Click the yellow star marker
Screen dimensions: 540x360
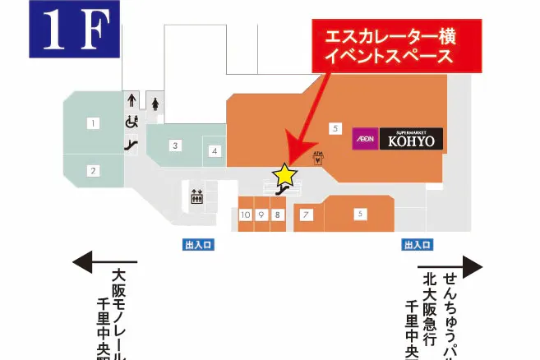(x=284, y=173)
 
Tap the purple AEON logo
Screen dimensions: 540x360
(x=365, y=139)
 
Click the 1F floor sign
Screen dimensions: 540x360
(x=75, y=30)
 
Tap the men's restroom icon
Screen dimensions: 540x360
(x=131, y=101)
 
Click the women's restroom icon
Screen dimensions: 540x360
(x=155, y=104)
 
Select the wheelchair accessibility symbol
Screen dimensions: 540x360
(x=130, y=122)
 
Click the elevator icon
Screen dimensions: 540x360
(x=196, y=196)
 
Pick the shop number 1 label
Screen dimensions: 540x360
(x=94, y=123)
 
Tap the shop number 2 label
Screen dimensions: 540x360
(x=94, y=170)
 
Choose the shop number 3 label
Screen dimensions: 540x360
(x=175, y=145)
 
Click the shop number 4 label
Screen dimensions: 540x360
(x=214, y=150)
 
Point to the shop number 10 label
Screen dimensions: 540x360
(x=245, y=215)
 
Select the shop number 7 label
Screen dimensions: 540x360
(x=306, y=215)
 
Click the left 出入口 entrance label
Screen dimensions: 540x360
(x=198, y=244)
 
